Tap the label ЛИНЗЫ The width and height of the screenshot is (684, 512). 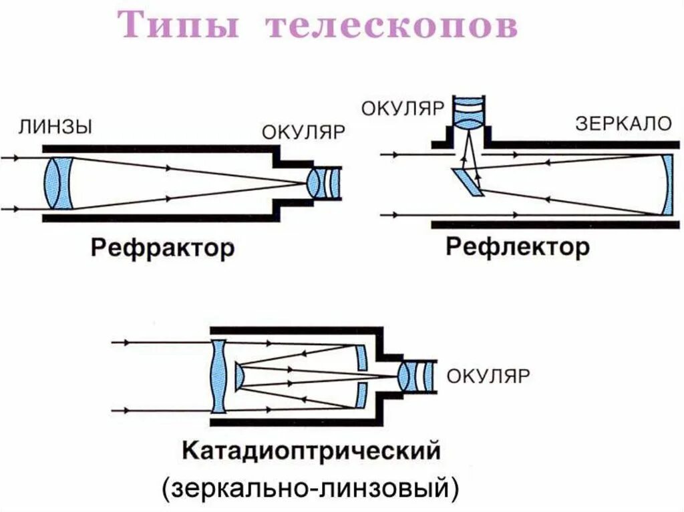(55, 127)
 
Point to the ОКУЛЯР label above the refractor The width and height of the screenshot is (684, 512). (303, 132)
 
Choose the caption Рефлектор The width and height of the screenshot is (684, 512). (518, 248)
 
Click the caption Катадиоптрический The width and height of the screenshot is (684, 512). (311, 451)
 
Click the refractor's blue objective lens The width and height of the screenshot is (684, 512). (58, 183)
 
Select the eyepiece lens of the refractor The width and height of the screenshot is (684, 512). (323, 184)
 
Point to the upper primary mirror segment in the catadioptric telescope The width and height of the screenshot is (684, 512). (361, 358)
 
